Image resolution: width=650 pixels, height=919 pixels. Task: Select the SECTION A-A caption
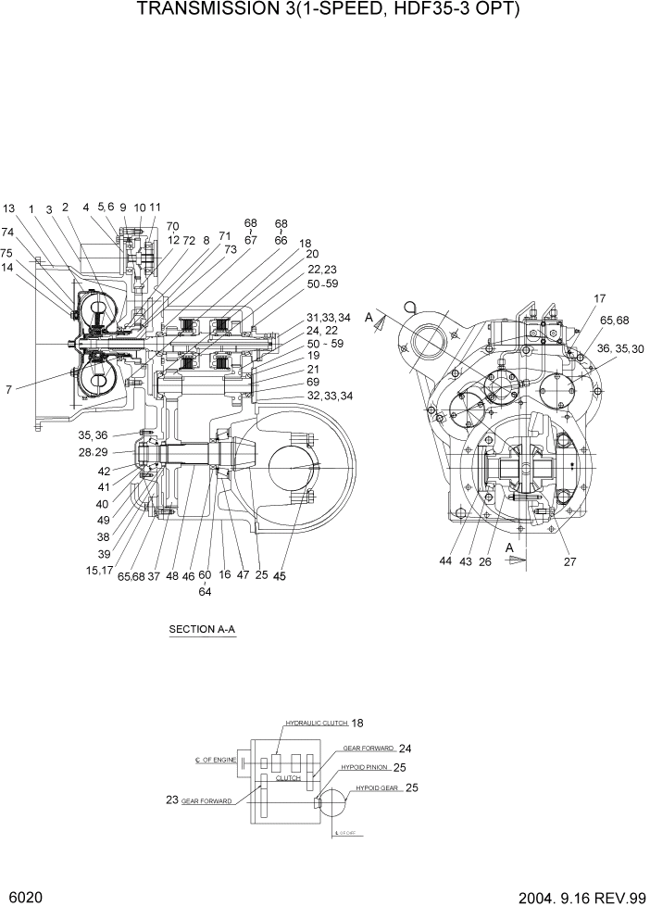202,630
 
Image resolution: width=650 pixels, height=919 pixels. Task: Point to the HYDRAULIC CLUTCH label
315,723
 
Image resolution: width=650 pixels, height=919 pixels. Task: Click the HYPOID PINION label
362,767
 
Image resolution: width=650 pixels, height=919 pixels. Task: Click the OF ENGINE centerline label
218,760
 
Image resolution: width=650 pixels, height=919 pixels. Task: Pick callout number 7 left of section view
8,390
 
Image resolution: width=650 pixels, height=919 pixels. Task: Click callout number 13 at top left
9,208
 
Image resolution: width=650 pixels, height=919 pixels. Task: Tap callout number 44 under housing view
447,561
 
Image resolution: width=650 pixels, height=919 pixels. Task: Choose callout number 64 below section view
205,592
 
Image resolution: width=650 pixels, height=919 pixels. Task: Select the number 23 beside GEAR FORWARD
173,799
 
